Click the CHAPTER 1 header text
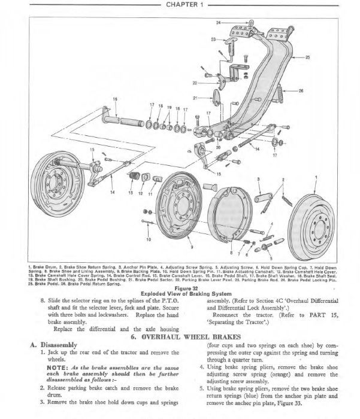point(180,5)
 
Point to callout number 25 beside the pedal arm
point(308,58)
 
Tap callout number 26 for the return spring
point(301,90)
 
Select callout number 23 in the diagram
point(213,40)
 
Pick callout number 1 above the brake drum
point(316,178)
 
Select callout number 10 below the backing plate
point(149,240)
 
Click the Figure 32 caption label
point(180,287)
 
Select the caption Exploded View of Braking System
point(180,293)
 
